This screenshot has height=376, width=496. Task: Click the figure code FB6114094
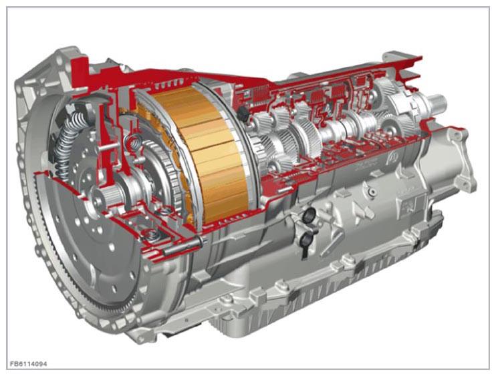pyautogui.click(x=29, y=364)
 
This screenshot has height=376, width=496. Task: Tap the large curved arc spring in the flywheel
pyautogui.click(x=70, y=142)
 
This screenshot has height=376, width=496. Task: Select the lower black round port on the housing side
pyautogui.click(x=305, y=241)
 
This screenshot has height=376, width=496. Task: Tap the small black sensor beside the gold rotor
pyautogui.click(x=243, y=113)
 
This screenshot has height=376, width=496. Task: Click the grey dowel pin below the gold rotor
pyautogui.click(x=183, y=246)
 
